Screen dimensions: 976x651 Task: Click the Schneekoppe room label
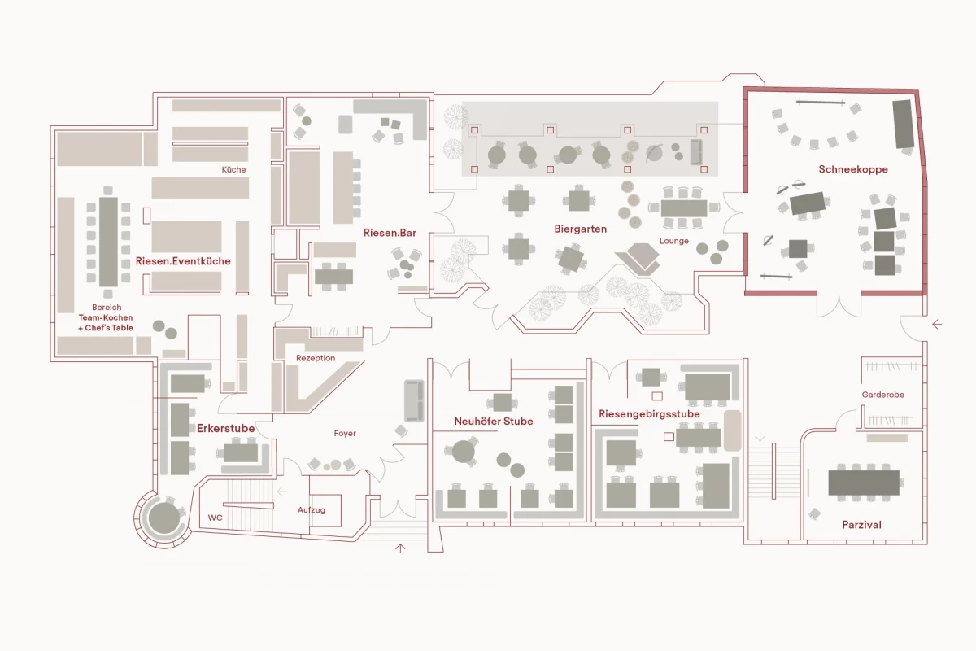pyautogui.click(x=852, y=169)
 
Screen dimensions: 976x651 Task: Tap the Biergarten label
pyautogui.click(x=581, y=229)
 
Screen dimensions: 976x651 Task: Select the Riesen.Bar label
pyautogui.click(x=390, y=233)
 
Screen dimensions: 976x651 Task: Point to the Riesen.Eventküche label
pyautogui.click(x=183, y=261)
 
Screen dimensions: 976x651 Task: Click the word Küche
pyautogui.click(x=234, y=169)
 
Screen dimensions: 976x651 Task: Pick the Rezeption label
pyautogui.click(x=316, y=358)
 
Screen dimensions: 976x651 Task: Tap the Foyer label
pyautogui.click(x=345, y=434)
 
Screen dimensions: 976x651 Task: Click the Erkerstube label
pyautogui.click(x=226, y=428)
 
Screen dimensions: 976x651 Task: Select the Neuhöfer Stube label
pyautogui.click(x=494, y=422)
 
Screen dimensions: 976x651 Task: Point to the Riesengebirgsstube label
pyautogui.click(x=649, y=414)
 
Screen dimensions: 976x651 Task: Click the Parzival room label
pyautogui.click(x=861, y=525)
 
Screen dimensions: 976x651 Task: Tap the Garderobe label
pyautogui.click(x=882, y=395)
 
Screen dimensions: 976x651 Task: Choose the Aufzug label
pyautogui.click(x=311, y=510)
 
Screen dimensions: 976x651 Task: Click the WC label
pyautogui.click(x=215, y=518)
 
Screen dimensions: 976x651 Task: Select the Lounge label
pyautogui.click(x=674, y=241)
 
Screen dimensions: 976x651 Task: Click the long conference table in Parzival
pyautogui.click(x=864, y=483)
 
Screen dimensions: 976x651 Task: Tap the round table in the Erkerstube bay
pyautogui.click(x=163, y=518)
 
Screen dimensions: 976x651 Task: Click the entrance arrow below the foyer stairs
pyautogui.click(x=400, y=548)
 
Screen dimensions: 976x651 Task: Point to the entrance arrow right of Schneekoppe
pyautogui.click(x=937, y=325)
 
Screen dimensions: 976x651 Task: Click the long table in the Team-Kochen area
pyautogui.click(x=108, y=242)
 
